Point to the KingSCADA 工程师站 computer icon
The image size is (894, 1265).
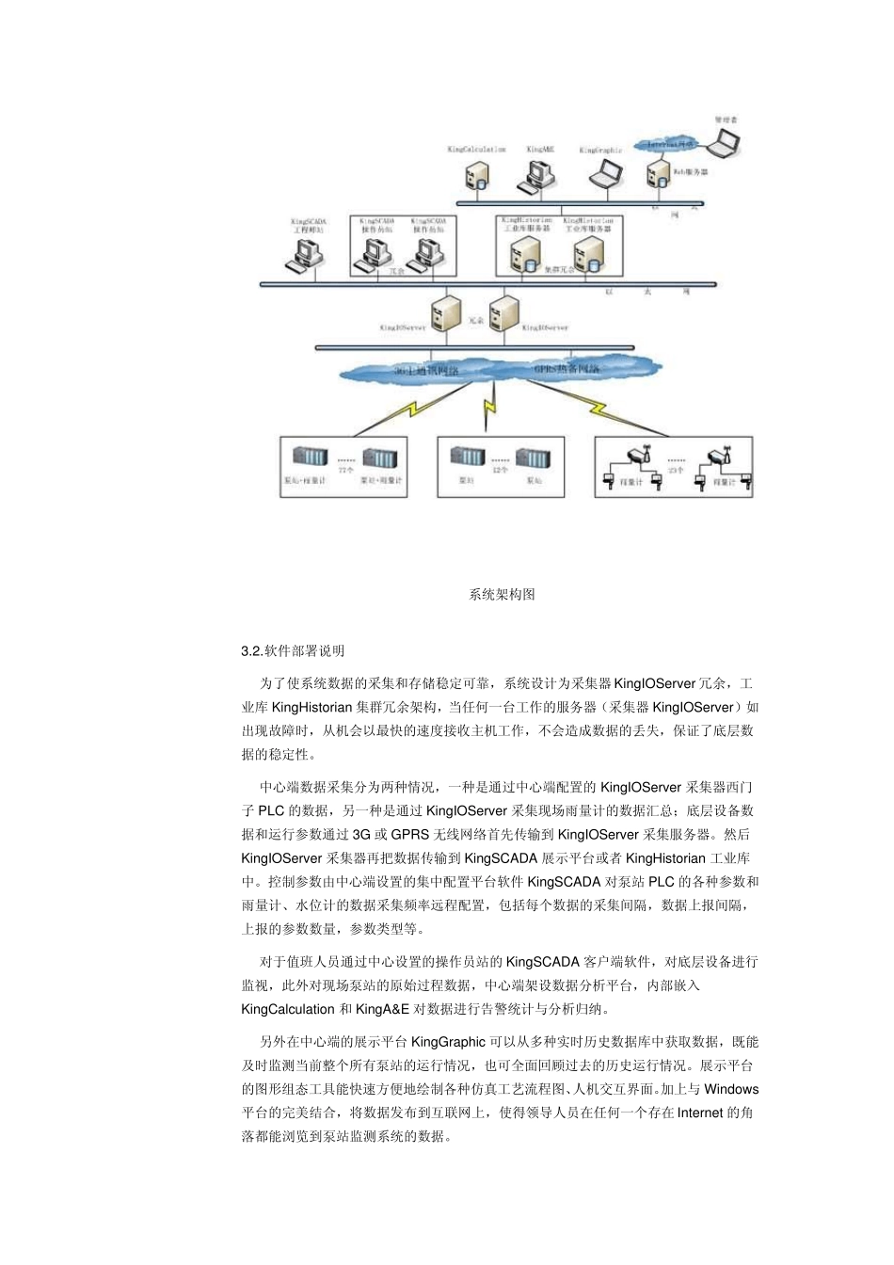click(x=307, y=254)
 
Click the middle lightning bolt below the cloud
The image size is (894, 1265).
click(x=488, y=410)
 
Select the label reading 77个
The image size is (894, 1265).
click(x=345, y=469)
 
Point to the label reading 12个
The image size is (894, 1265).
click(x=500, y=469)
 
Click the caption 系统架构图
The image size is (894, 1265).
click(x=502, y=595)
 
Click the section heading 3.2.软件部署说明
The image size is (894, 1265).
click(x=293, y=650)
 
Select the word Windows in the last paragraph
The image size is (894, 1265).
click(x=731, y=1089)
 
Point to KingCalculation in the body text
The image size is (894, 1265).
click(x=288, y=1009)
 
